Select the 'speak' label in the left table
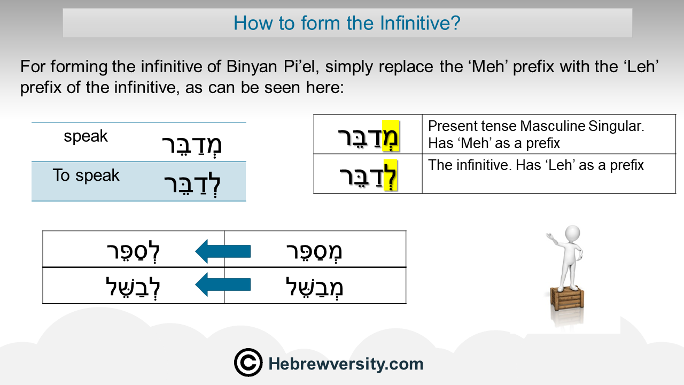pyautogui.click(x=85, y=136)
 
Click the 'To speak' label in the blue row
pyautogui.click(x=86, y=175)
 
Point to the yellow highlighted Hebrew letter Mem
pyautogui.click(x=391, y=136)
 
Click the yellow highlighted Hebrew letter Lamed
pyautogui.click(x=390, y=175)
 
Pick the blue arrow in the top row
pyautogui.click(x=223, y=251)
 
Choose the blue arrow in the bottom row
pyautogui.click(x=223, y=285)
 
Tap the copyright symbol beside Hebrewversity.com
pyautogui.click(x=248, y=363)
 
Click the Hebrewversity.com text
pyautogui.click(x=346, y=364)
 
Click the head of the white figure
pyautogui.click(x=572, y=234)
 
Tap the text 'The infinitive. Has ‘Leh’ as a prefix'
pyautogui.click(x=536, y=165)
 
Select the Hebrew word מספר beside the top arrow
pyautogui.click(x=314, y=251)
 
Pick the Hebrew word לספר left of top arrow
pyautogui.click(x=133, y=251)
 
